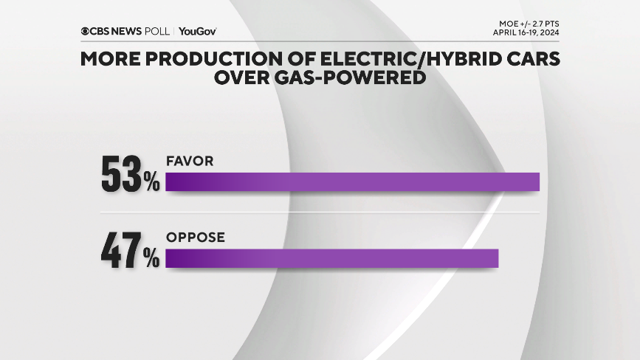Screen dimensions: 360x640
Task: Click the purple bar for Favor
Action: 353,182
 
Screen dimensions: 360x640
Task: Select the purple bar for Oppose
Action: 332,258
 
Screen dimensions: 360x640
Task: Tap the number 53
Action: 122,175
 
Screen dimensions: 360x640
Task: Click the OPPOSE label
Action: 195,238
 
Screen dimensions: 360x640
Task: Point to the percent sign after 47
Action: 152,259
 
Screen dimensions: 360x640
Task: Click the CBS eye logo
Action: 86,31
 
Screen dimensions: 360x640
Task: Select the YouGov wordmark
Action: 197,31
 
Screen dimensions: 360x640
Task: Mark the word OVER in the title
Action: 241,77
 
